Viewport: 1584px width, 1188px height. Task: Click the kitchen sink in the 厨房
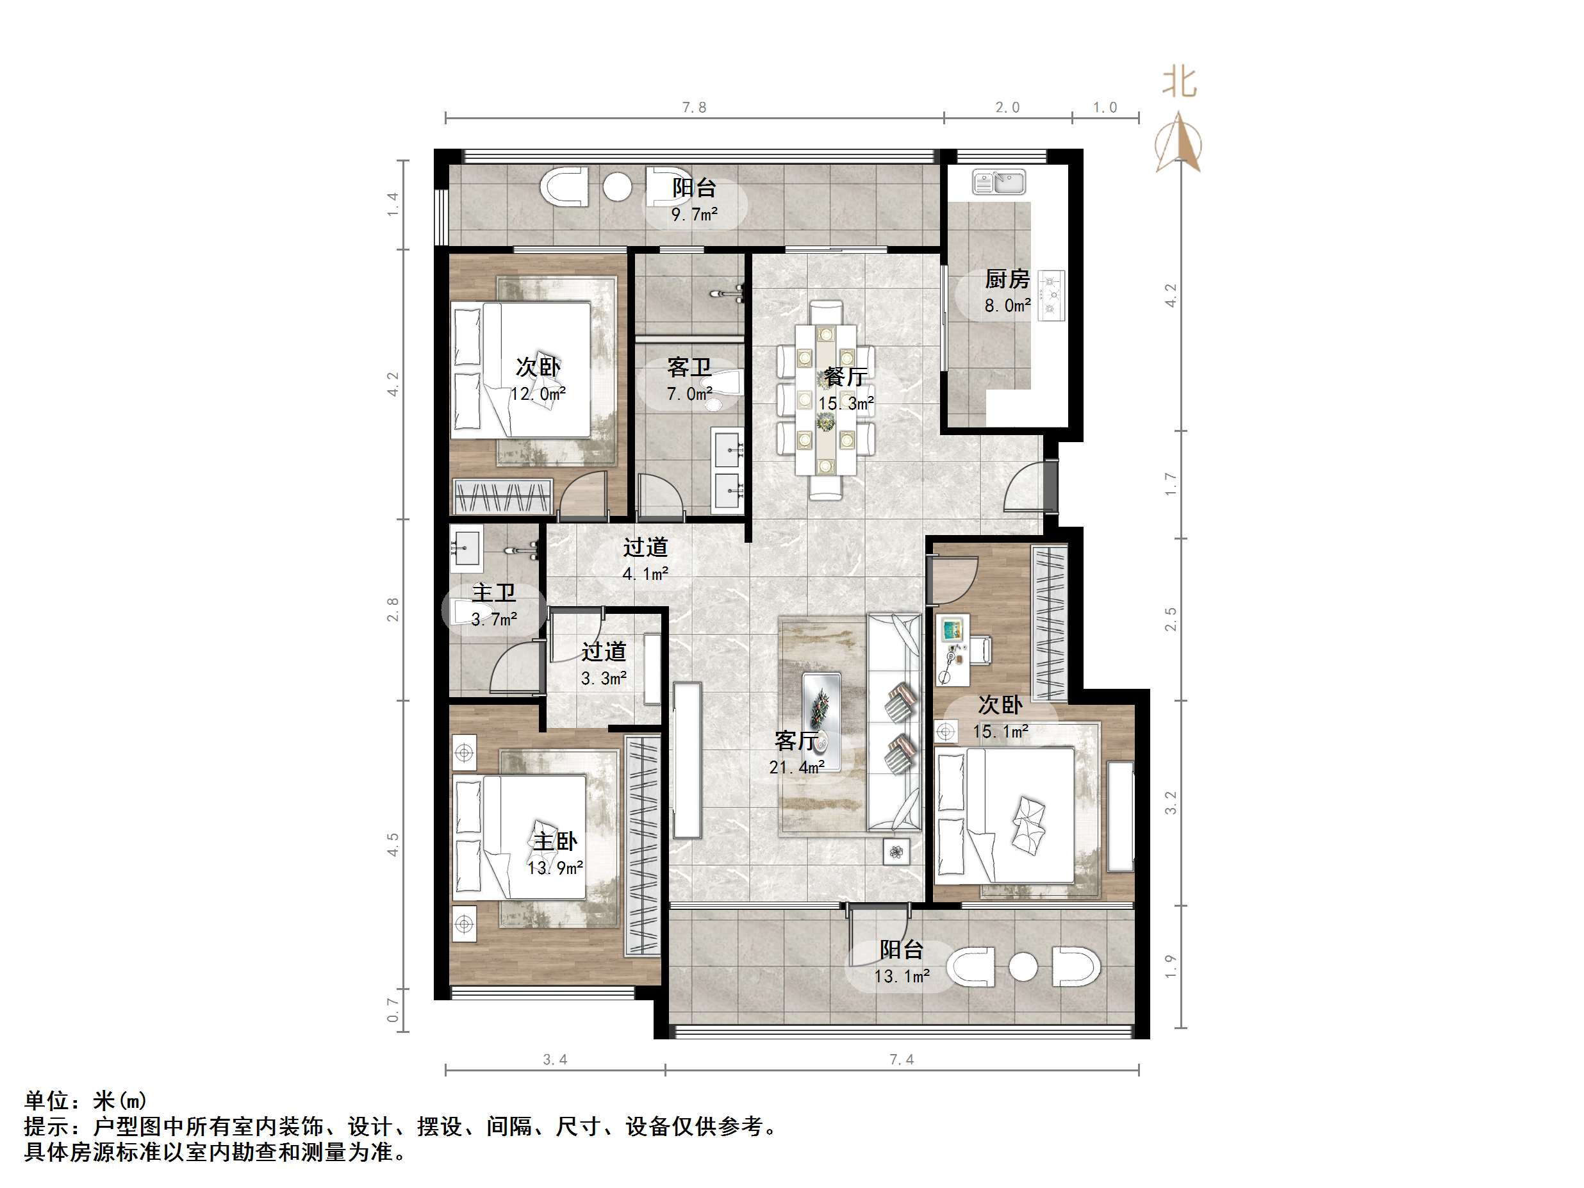click(x=998, y=182)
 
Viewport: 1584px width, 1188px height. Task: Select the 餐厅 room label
click(x=846, y=376)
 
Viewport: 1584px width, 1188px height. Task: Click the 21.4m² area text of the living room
click(x=796, y=768)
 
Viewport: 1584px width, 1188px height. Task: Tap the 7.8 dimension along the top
click(x=693, y=108)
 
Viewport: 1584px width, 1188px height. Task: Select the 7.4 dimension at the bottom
click(x=901, y=1059)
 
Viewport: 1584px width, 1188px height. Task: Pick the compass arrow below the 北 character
click(x=1178, y=144)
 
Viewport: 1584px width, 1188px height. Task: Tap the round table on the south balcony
click(x=1023, y=967)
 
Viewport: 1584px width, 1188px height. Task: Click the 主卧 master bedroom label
click(x=554, y=841)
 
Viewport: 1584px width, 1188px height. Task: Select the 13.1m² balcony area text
click(x=902, y=976)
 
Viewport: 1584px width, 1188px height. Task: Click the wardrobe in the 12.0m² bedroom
click(x=503, y=496)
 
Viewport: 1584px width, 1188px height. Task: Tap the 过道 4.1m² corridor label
click(x=645, y=547)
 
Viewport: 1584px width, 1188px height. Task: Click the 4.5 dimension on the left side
click(x=392, y=845)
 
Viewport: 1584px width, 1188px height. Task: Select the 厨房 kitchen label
click(x=1007, y=279)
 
